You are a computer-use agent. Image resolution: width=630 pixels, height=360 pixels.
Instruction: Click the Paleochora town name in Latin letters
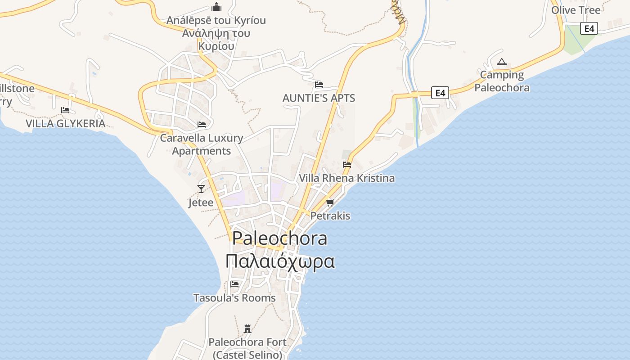[279, 238]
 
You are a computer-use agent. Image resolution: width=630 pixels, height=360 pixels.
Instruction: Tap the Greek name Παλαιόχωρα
[280, 261]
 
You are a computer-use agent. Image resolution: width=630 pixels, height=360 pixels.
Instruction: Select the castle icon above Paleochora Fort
[247, 328]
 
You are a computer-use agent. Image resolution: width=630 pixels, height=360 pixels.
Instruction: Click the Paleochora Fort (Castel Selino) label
[247, 348]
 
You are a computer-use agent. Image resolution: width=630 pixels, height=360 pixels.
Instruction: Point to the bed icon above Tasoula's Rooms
[234, 284]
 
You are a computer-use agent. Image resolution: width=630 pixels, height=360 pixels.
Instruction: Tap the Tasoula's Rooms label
[234, 298]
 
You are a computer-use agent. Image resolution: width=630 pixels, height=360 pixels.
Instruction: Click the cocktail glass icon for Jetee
[201, 189]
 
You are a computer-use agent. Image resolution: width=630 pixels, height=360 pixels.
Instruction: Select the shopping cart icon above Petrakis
[330, 202]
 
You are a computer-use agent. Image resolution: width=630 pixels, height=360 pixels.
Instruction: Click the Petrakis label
[330, 216]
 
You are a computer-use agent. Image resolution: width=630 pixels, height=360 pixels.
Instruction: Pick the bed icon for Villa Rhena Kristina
[346, 164]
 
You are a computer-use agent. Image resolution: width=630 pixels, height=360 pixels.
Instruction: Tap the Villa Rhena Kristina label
[347, 178]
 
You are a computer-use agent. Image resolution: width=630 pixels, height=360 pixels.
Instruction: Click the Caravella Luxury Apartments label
[202, 144]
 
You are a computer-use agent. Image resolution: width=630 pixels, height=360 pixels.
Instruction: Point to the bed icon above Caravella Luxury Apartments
[202, 124]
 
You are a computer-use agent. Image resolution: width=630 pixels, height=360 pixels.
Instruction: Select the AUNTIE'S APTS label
[319, 98]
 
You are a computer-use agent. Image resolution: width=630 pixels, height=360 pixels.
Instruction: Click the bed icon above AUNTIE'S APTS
[319, 84]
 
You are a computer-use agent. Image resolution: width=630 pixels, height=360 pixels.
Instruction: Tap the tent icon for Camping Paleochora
[502, 62]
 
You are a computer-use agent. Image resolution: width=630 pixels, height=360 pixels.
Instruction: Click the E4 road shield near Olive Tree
[589, 29]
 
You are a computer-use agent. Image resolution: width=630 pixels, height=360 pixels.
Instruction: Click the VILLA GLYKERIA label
[65, 124]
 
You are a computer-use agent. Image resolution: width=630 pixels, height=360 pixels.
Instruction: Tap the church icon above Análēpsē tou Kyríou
[216, 7]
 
